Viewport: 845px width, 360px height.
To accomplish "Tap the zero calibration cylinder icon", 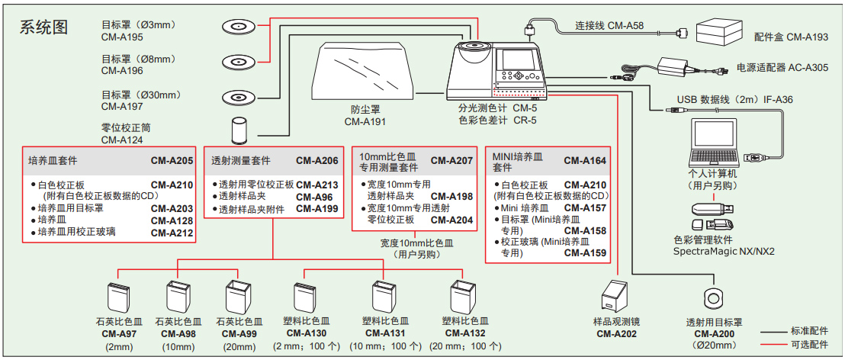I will (240, 130).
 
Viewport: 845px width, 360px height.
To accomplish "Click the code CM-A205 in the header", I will (172, 161).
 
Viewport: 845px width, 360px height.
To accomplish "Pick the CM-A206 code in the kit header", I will (316, 161).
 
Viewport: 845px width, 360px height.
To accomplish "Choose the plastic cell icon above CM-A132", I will (462, 297).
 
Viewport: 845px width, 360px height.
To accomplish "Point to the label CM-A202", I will (617, 333).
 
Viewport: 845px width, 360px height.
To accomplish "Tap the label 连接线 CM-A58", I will (609, 26).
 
